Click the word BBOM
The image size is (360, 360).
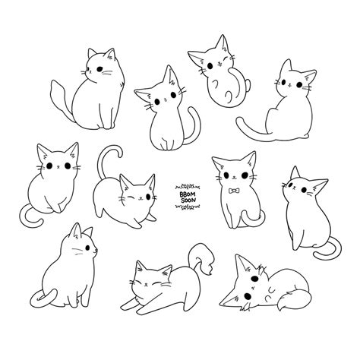[188, 194]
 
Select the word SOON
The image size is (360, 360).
[188, 200]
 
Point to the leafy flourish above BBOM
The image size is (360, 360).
[188, 187]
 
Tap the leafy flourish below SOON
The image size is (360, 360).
[188, 207]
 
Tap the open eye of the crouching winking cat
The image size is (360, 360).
[148, 197]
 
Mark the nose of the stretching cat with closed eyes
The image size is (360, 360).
[146, 284]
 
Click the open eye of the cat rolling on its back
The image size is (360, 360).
[210, 66]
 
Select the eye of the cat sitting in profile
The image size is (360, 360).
[87, 248]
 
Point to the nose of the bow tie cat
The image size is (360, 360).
[235, 176]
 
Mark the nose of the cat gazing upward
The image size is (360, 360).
[295, 188]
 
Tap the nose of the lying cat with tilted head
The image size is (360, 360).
[252, 287]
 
